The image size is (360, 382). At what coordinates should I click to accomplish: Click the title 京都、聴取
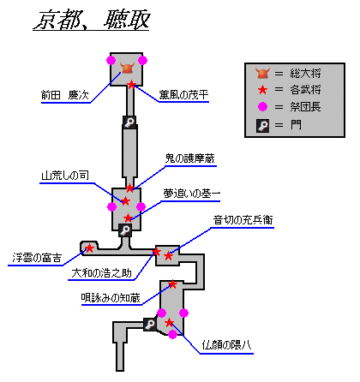93,20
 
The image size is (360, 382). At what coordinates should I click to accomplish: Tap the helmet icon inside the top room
128,68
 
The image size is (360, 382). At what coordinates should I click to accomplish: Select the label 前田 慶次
65,95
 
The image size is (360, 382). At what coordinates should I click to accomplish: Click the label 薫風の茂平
183,95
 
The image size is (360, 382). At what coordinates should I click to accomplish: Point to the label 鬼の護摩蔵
190,158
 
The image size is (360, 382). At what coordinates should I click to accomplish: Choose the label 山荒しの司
65,176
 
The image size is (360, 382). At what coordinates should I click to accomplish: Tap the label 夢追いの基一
192,194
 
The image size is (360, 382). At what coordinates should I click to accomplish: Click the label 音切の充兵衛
243,220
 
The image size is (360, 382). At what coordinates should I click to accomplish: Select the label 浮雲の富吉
37,258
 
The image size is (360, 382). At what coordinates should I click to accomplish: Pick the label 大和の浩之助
101,273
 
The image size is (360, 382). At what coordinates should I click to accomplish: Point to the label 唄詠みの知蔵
111,298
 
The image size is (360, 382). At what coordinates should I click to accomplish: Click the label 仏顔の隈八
226,345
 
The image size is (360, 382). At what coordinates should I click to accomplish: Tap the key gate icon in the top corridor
129,122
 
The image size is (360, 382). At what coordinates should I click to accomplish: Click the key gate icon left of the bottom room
150,325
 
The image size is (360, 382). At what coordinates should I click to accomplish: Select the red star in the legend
262,90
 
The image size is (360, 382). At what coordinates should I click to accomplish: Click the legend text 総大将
305,74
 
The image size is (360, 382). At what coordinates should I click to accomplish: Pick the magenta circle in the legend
262,107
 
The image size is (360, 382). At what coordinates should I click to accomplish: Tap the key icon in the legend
263,126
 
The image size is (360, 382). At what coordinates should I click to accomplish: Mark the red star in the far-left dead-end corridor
89,248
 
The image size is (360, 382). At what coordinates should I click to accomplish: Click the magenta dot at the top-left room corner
111,60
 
